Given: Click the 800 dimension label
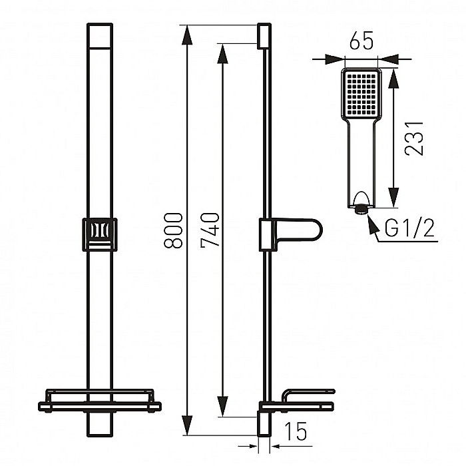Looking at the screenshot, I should (x=174, y=230).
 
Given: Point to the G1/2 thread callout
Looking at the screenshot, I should (x=409, y=229).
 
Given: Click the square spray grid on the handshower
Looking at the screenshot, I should (x=361, y=95).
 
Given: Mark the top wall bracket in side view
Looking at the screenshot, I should (x=264, y=36).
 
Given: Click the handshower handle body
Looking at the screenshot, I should (x=361, y=160).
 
